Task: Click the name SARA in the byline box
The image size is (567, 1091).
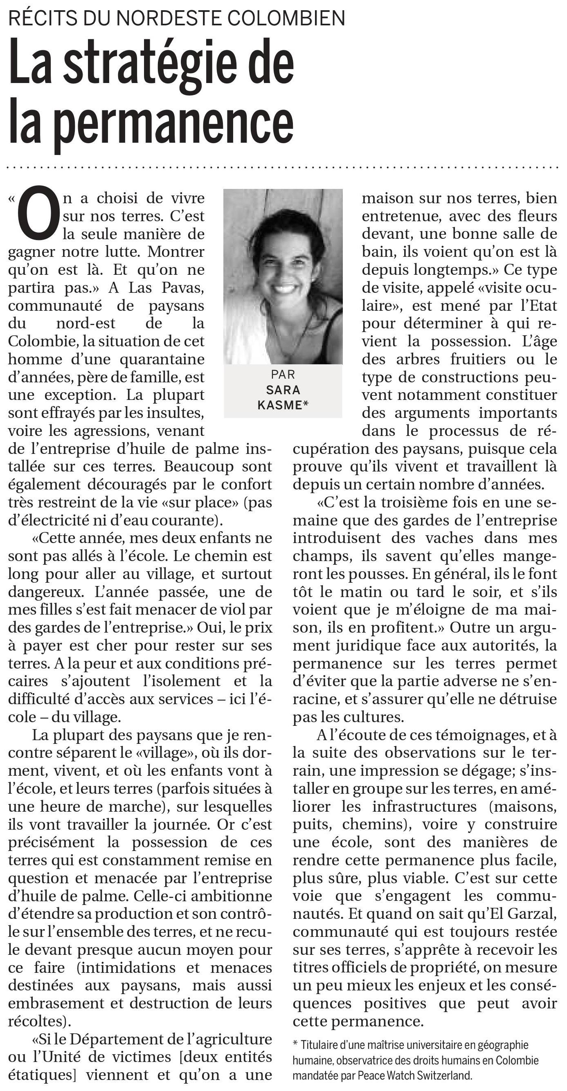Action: (x=283, y=390)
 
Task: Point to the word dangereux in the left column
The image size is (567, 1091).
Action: (x=47, y=592)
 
